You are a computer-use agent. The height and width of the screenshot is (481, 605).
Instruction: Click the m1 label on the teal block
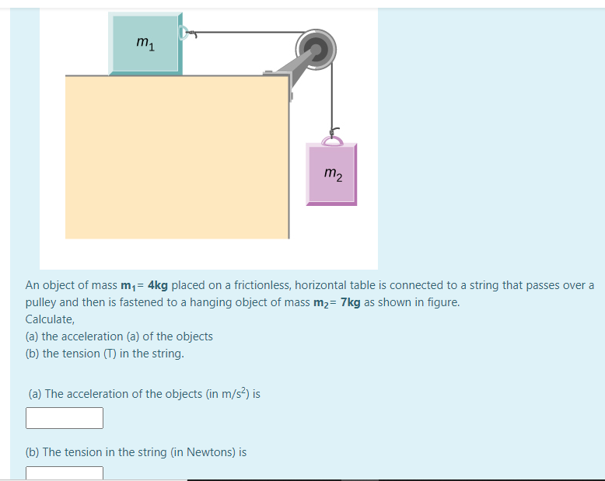click(145, 44)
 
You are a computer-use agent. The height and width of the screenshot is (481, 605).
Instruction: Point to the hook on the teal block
click(186, 33)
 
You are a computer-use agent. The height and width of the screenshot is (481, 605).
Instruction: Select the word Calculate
click(50, 319)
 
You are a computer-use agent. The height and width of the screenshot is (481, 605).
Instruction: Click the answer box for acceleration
click(65, 418)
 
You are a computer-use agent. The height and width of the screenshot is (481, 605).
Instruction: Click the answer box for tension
click(65, 473)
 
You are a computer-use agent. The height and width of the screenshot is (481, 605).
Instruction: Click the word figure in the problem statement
click(442, 302)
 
